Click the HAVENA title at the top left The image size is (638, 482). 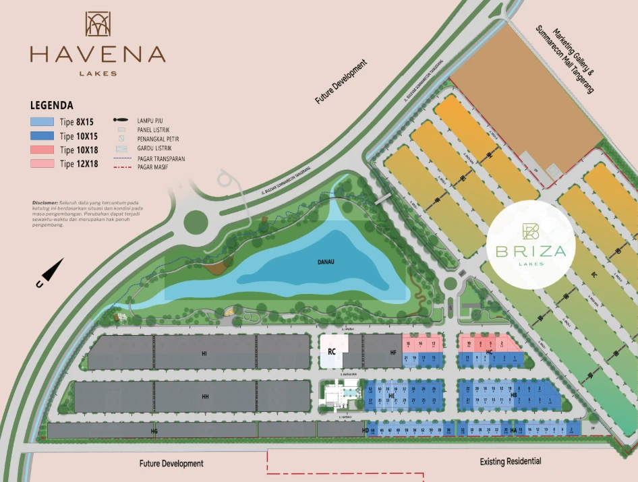coord(98,54)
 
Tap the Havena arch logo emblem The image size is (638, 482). coord(98,24)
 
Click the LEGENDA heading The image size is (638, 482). coord(52,106)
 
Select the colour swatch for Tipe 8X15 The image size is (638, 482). coord(42,122)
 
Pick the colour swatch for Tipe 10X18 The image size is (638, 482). coord(42,150)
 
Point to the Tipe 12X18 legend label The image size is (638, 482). coord(79,164)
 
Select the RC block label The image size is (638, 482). coord(332,352)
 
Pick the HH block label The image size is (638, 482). coord(205,396)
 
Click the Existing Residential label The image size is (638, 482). coord(511,462)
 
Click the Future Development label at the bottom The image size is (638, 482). coord(171,464)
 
